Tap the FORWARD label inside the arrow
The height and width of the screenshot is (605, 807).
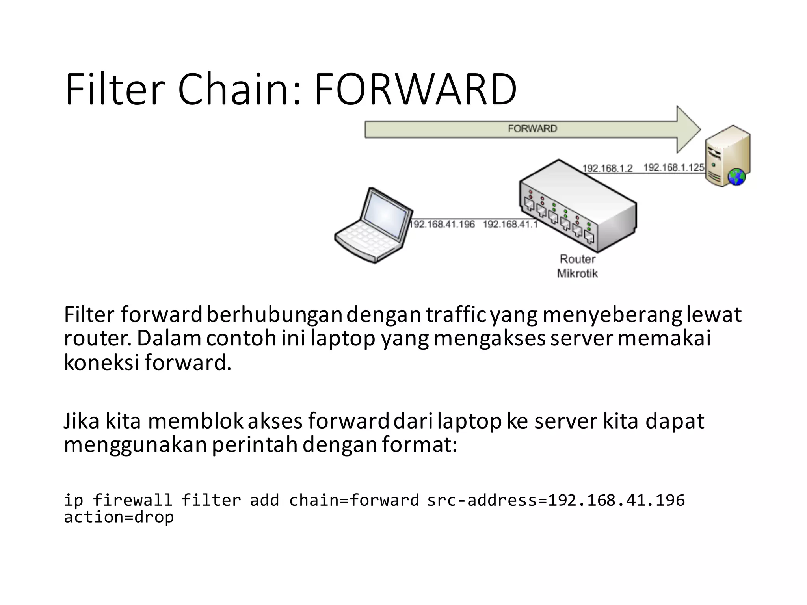click(x=532, y=129)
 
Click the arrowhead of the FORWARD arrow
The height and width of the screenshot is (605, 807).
click(x=688, y=129)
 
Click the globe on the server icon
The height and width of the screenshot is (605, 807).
click(x=736, y=176)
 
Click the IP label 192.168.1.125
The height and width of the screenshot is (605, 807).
click(x=674, y=167)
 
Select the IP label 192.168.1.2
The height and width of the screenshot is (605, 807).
click(x=607, y=168)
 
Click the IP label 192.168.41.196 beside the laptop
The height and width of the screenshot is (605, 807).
click(x=443, y=224)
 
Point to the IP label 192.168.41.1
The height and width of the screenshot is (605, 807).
click(x=510, y=224)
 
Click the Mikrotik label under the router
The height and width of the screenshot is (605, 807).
click(x=577, y=273)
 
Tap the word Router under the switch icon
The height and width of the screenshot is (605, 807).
click(x=577, y=259)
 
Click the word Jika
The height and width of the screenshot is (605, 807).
click(x=82, y=421)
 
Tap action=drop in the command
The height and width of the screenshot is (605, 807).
click(x=119, y=517)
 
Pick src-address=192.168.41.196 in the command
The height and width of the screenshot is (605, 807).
click(x=556, y=500)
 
